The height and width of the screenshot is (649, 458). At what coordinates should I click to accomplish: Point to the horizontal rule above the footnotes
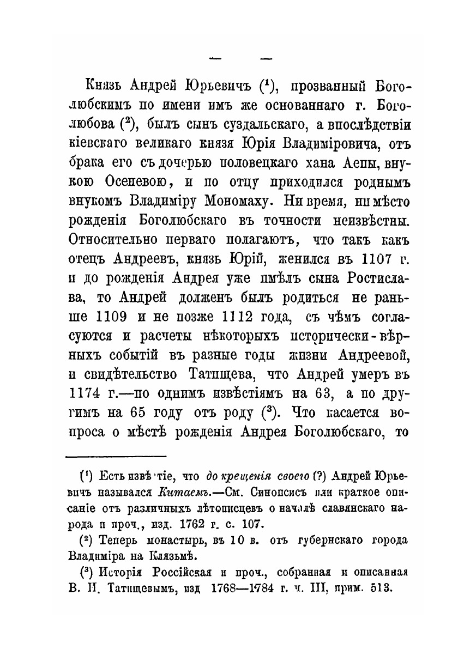[116, 456]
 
